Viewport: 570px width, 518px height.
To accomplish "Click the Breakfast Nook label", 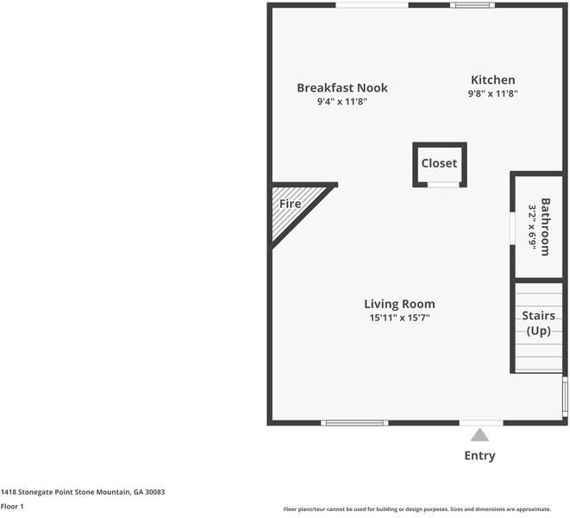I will tap(342, 87).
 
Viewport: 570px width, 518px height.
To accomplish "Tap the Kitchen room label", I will tap(492, 80).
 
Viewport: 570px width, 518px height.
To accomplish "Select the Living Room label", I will tap(399, 304).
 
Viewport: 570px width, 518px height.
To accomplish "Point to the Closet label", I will tap(439, 163).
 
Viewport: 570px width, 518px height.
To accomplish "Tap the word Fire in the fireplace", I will tap(290, 204).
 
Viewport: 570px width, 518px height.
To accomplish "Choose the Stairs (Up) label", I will tap(538, 323).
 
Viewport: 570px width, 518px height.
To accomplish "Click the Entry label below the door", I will tap(479, 456).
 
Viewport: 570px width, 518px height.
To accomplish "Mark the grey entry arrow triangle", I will tap(479, 435).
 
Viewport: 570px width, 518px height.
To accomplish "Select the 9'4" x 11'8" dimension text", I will tap(342, 102).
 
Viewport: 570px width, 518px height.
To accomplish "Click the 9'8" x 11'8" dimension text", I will tap(492, 94).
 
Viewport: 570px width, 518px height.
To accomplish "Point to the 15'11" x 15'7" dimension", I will tap(399, 318).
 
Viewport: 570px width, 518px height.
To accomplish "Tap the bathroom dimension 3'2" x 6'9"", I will tap(533, 229).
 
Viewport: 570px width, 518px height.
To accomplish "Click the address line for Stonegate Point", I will tap(83, 492).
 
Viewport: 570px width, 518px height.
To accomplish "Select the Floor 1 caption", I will tap(12, 506).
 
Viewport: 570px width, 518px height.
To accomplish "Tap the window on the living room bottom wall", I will tap(354, 422).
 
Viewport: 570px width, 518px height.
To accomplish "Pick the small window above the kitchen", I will tap(473, 5).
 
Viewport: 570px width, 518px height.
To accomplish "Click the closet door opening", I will tap(443, 184).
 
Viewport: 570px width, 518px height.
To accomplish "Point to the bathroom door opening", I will tap(513, 229).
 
